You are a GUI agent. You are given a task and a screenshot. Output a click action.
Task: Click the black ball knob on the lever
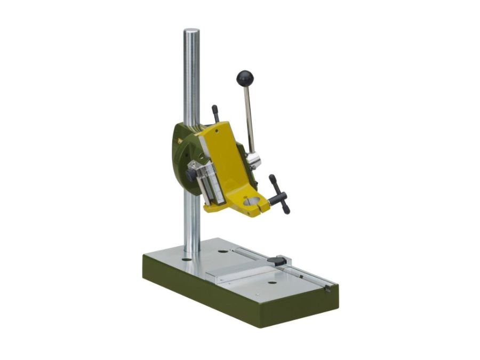(245, 78)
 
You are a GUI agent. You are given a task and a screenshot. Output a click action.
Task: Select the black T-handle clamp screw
(279, 195)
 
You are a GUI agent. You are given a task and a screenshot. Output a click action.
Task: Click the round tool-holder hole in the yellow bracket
(250, 201)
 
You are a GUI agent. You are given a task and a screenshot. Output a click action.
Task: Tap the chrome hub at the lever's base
(253, 159)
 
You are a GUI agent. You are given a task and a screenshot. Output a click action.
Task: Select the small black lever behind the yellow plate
(215, 113)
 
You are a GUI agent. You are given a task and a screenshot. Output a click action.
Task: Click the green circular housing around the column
(181, 155)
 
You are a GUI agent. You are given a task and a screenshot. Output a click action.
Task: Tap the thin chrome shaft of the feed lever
(249, 117)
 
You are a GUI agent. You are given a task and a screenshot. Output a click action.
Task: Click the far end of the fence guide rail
(326, 288)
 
